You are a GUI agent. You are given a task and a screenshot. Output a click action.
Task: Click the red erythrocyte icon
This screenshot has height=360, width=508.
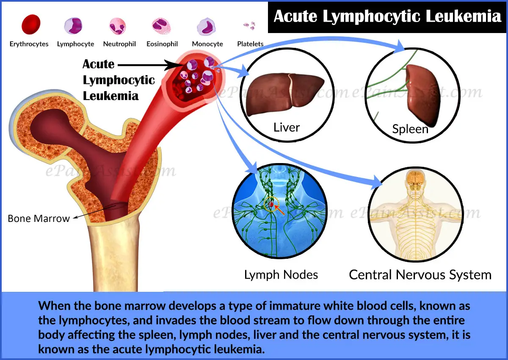click(x=30, y=24)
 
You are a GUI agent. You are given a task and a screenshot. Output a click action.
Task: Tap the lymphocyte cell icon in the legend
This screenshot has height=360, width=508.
click(x=73, y=25)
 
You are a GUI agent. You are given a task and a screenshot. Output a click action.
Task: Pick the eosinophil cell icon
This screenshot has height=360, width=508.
click(x=162, y=26)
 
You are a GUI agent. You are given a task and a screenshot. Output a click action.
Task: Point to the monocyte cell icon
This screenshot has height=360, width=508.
click(x=207, y=26)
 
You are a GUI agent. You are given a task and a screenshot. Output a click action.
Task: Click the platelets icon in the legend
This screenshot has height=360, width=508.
click(x=250, y=25)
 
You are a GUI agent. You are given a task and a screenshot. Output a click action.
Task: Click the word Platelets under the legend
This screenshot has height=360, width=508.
click(x=250, y=44)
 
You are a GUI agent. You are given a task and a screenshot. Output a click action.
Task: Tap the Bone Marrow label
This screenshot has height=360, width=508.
click(x=39, y=219)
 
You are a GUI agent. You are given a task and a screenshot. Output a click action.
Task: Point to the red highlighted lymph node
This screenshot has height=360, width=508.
click(x=272, y=205)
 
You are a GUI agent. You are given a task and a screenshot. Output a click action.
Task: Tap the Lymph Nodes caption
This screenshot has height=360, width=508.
click(x=281, y=274)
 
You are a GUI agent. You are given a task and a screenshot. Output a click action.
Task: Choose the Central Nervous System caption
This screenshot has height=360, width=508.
click(x=420, y=274)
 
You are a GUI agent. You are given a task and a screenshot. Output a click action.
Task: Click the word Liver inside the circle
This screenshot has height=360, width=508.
click(x=287, y=127)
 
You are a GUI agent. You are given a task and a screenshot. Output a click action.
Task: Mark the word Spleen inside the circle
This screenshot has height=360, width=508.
click(x=410, y=128)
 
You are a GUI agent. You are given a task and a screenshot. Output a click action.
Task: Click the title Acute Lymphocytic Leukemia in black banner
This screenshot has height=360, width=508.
click(x=387, y=16)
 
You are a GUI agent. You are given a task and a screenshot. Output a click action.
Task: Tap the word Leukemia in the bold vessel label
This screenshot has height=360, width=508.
click(x=110, y=95)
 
